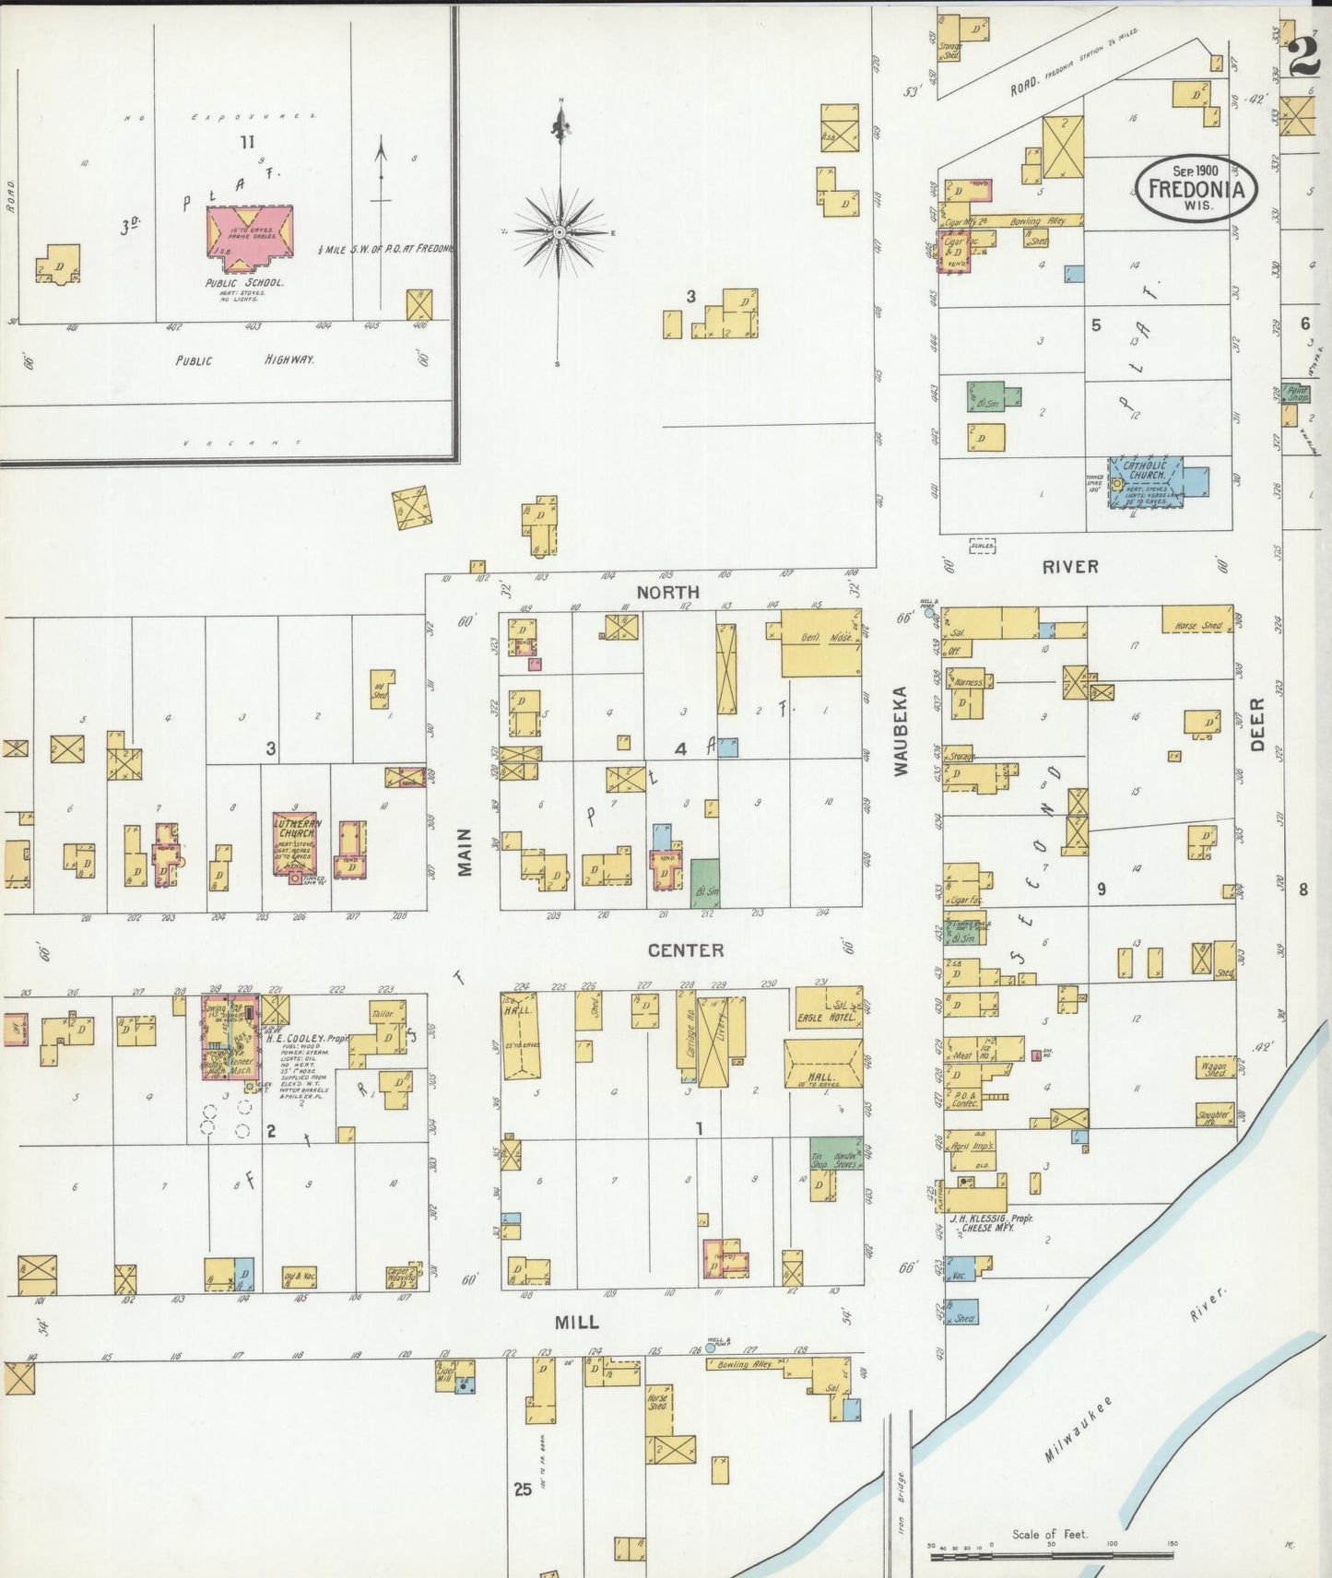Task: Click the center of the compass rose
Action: (559, 232)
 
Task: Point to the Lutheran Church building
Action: (295, 843)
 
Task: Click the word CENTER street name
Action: (685, 949)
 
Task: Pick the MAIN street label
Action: (465, 852)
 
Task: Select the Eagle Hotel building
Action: (825, 1010)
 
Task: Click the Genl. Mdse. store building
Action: (820, 642)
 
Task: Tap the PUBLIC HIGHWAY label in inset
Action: (245, 360)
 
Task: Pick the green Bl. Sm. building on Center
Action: (705, 883)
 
